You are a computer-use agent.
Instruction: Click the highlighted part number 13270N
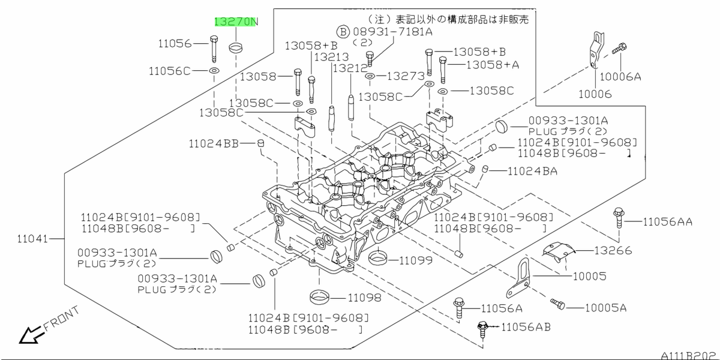pos(236,22)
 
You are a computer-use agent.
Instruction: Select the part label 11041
pos(34,238)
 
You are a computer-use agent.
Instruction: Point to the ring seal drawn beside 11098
pos(320,296)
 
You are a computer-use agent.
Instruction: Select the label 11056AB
pos(526,327)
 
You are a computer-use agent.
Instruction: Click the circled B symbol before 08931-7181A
pos(342,31)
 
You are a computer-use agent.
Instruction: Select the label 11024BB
pos(214,143)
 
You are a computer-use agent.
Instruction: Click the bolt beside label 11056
pos(214,50)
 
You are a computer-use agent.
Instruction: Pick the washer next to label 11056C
pos(213,71)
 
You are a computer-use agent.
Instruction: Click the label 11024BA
pos(532,171)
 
